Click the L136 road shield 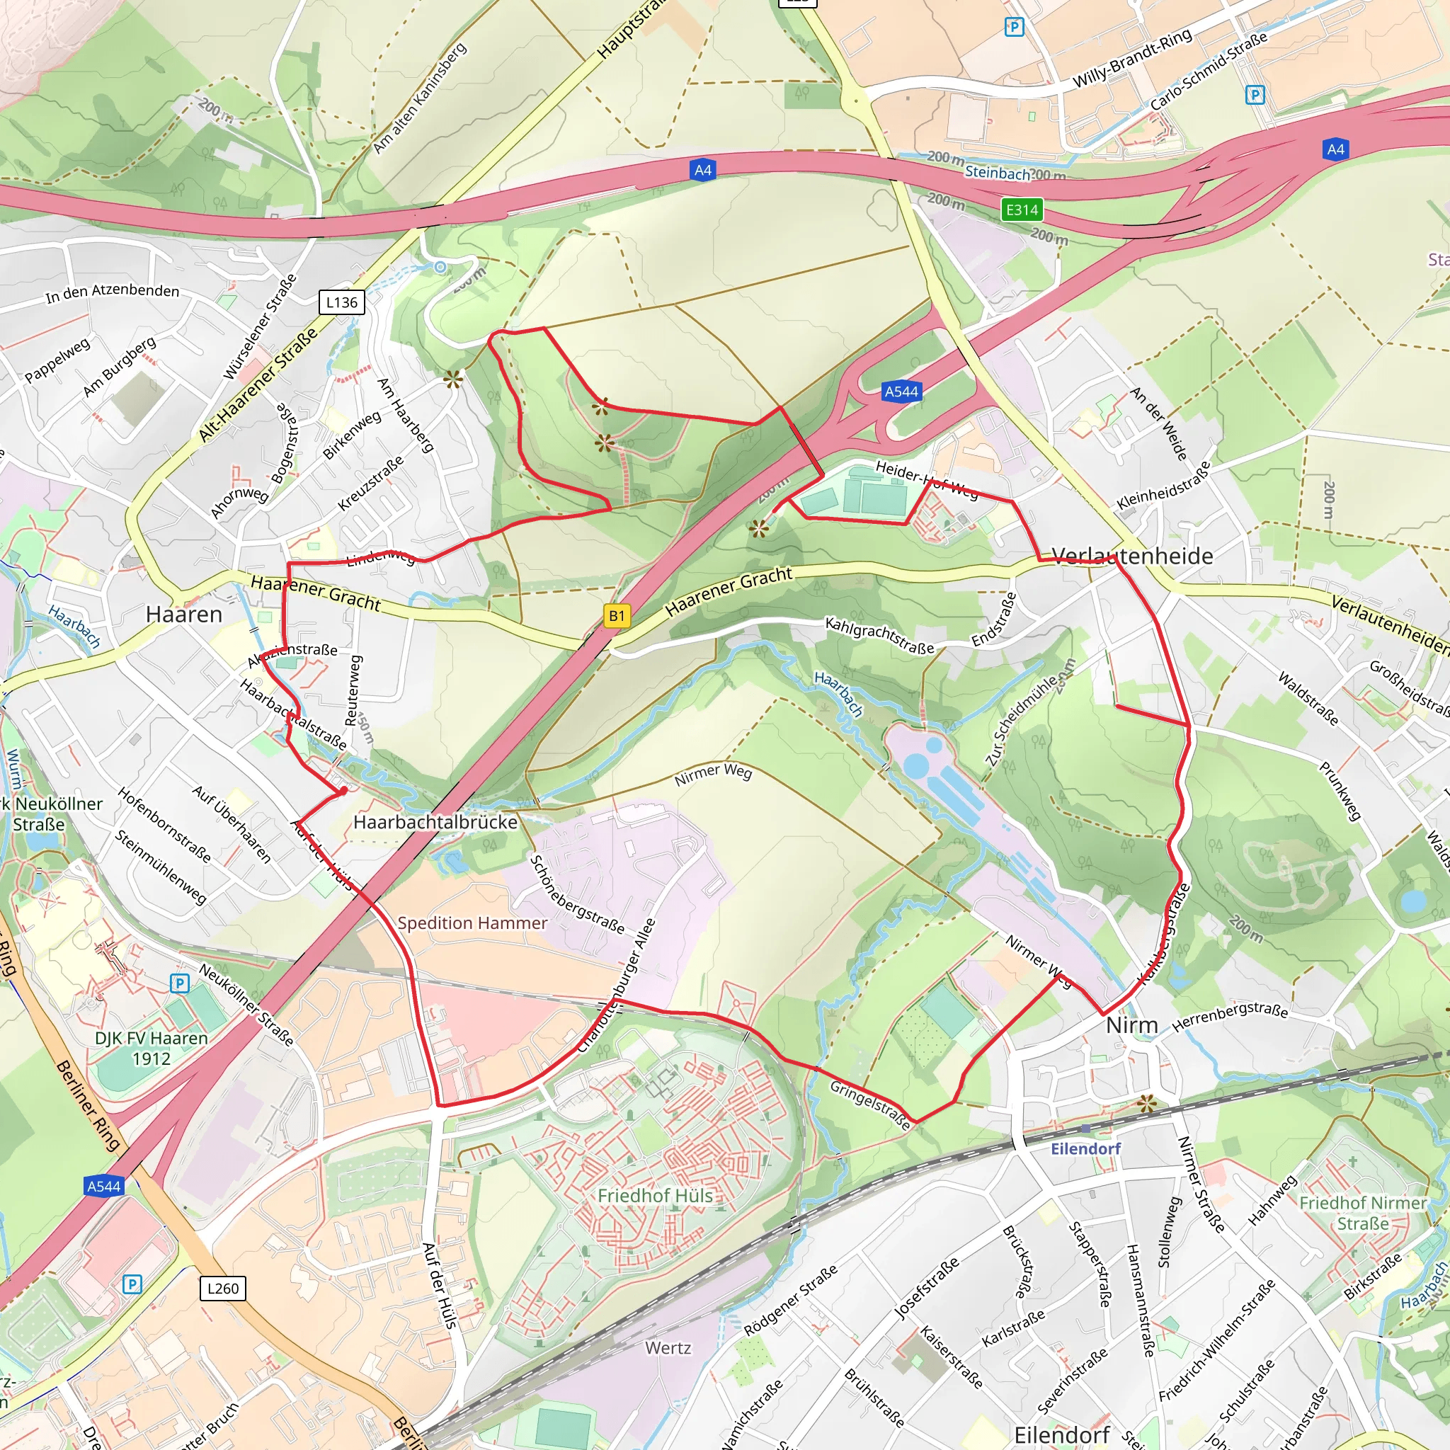click(x=341, y=302)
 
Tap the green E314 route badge click(x=1022, y=210)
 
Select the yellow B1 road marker click(x=616, y=616)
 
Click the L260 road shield click(x=223, y=1289)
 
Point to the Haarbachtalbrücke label click(x=435, y=822)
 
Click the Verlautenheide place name click(x=1132, y=556)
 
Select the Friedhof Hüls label click(x=654, y=1196)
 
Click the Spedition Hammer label click(x=472, y=923)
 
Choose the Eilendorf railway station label click(x=1085, y=1148)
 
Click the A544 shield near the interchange click(x=901, y=391)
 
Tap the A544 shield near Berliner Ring click(x=103, y=1186)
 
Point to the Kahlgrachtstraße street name click(x=879, y=636)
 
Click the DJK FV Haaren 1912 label click(x=152, y=1049)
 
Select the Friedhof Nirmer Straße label click(x=1362, y=1213)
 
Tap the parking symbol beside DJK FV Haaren click(x=179, y=983)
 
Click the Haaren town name click(x=184, y=615)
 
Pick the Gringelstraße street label click(x=871, y=1104)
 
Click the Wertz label click(x=668, y=1348)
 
